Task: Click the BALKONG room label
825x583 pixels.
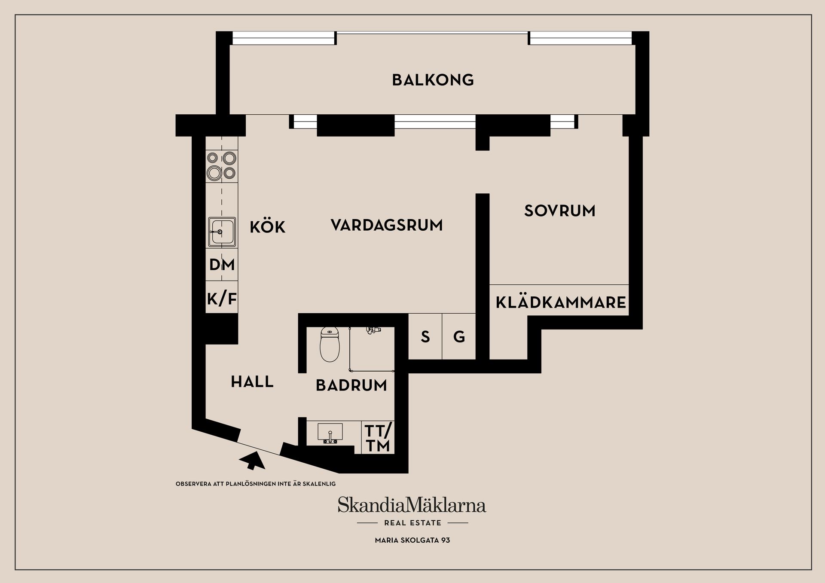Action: [433, 80]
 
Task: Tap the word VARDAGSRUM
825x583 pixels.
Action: [387, 225]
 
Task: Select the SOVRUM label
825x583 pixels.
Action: [559, 211]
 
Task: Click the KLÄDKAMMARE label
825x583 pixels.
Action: [561, 302]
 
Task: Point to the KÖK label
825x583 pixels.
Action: [267, 227]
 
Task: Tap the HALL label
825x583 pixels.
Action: [252, 382]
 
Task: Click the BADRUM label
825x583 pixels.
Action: [351, 385]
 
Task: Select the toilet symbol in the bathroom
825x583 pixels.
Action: [330, 345]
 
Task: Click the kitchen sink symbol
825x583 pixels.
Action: [222, 232]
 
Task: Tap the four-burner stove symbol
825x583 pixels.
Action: [222, 165]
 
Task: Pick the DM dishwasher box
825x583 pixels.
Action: [222, 265]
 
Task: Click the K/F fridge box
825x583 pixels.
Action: [222, 298]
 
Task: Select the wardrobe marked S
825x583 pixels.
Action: [425, 337]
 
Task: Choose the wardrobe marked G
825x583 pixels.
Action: [459, 337]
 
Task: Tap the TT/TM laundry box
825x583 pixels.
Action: [378, 438]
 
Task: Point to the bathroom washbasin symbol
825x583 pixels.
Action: [330, 432]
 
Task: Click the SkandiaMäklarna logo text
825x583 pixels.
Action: [412, 505]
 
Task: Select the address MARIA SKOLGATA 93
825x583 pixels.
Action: [412, 540]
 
